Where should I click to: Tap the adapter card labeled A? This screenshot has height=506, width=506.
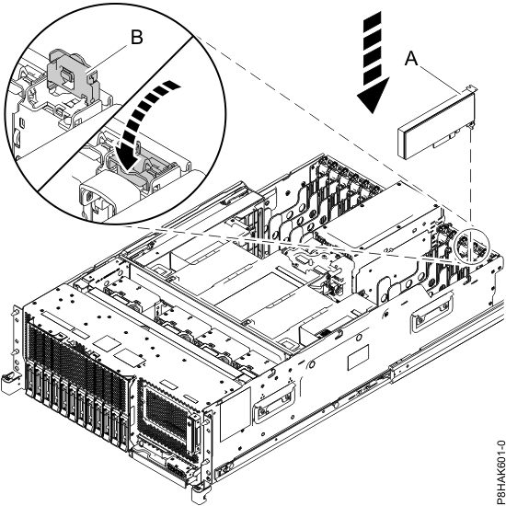pos(433,124)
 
